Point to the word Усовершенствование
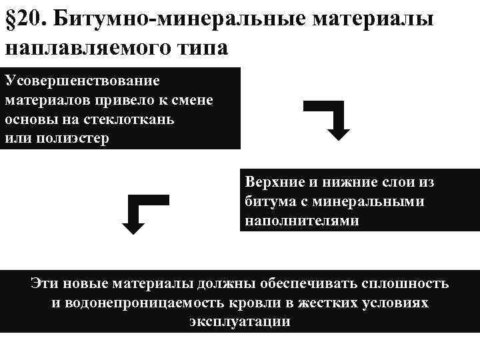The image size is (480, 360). (82, 81)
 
